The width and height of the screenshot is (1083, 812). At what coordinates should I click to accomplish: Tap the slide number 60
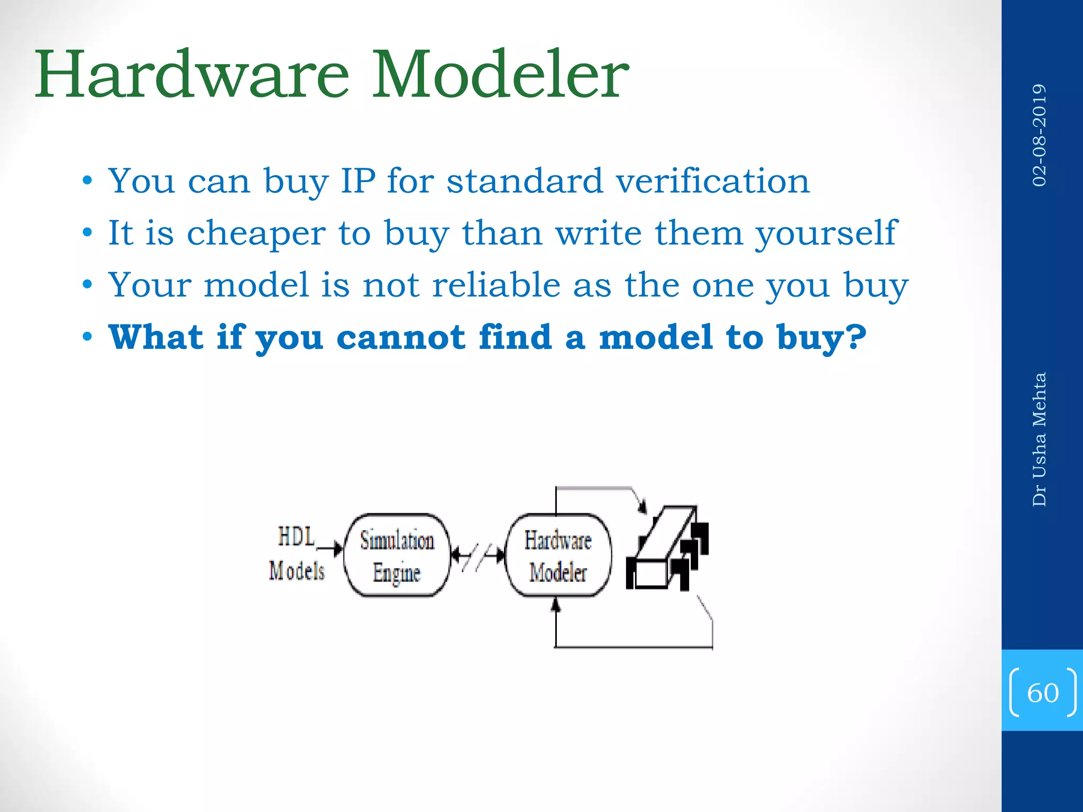click(x=1042, y=693)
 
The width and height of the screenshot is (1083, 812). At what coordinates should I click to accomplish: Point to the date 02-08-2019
click(x=1039, y=135)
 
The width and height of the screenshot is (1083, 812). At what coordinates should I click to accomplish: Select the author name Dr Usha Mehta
click(x=1039, y=439)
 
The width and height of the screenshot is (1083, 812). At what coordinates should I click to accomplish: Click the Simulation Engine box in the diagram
click(x=397, y=555)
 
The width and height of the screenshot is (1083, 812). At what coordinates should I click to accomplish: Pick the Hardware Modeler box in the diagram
click(x=558, y=555)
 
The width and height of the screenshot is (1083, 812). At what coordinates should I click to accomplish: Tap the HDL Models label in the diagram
click(x=296, y=554)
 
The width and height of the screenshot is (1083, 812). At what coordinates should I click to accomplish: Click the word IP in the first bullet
click(x=358, y=181)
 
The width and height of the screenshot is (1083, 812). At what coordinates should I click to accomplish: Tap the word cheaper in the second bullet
click(x=256, y=233)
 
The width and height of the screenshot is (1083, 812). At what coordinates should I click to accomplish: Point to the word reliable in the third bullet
click(x=496, y=285)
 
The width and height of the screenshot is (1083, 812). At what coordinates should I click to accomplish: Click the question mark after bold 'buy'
click(x=856, y=337)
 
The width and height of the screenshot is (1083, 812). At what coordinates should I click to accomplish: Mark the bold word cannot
click(x=400, y=337)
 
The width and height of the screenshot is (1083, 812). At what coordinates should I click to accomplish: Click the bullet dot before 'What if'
click(x=87, y=337)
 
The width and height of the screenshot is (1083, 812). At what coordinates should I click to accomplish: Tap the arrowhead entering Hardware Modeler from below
click(x=555, y=605)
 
